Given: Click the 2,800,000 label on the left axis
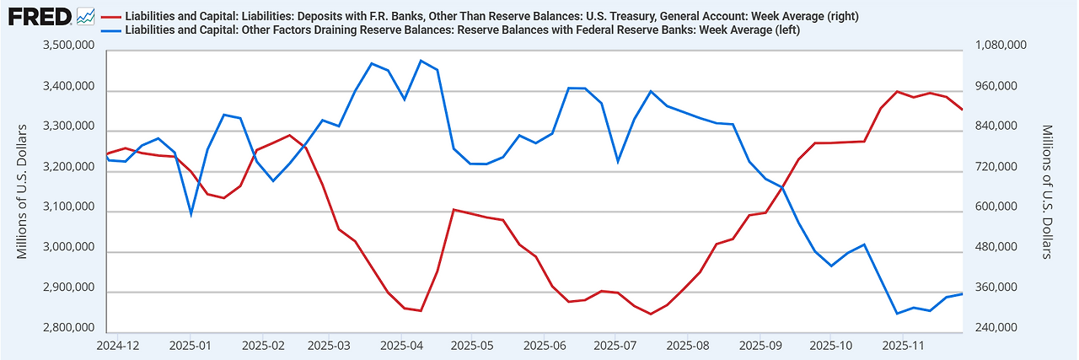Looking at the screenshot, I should [x=70, y=328].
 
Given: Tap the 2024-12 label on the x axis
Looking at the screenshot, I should [x=118, y=345].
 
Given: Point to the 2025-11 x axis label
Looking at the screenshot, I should [x=901, y=345].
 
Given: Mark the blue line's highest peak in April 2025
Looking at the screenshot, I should [x=421, y=61].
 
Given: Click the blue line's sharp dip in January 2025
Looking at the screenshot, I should [x=191, y=214].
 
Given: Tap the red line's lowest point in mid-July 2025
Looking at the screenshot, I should [x=651, y=314].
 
